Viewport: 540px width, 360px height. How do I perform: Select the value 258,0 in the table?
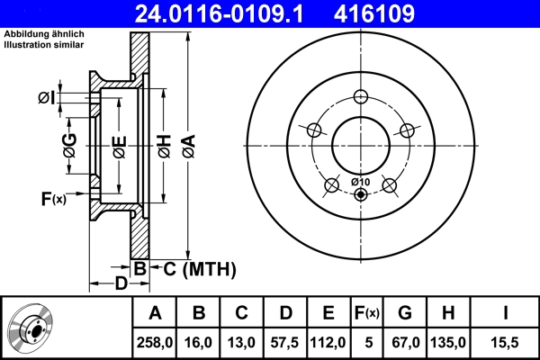pyautogui.click(x=155, y=343)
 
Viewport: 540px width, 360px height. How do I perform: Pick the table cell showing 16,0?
pyautogui.click(x=200, y=343)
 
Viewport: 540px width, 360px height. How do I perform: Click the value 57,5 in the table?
pyautogui.click(x=286, y=343)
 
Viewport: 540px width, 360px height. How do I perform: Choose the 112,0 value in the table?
pyautogui.click(x=329, y=343)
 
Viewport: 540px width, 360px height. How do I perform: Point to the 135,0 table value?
pyautogui.click(x=449, y=343)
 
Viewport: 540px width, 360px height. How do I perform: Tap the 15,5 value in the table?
pyautogui.click(x=506, y=343)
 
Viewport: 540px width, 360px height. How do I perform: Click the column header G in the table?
pyautogui.click(x=405, y=313)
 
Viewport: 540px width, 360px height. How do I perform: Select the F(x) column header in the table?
pyautogui.click(x=367, y=313)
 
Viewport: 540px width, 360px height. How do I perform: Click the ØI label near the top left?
pyautogui.click(x=48, y=97)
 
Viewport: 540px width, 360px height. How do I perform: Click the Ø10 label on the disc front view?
pyautogui.click(x=359, y=183)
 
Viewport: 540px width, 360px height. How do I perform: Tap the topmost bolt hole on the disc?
pyautogui.click(x=361, y=98)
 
